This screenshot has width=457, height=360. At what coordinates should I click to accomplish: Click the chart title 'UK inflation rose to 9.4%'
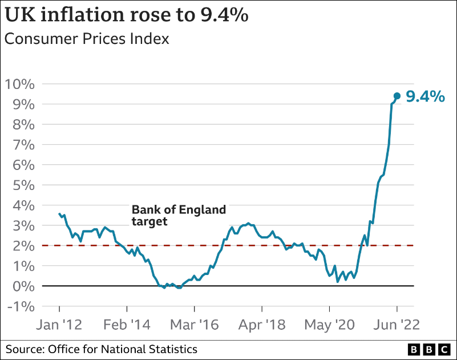point(127,15)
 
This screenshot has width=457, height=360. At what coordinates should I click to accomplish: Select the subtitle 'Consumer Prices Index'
point(87,39)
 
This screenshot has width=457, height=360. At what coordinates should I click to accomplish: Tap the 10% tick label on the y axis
point(21,84)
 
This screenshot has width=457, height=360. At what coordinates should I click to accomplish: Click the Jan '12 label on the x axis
point(59,325)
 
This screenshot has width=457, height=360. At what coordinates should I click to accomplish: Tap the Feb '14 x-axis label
point(126,325)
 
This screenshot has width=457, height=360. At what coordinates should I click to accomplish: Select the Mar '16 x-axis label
point(194,325)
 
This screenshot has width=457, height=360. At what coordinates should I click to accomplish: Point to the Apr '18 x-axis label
point(261,325)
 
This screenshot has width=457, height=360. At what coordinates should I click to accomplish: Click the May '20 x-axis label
point(329,325)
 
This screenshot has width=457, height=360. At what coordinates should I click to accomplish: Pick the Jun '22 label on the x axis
point(397,325)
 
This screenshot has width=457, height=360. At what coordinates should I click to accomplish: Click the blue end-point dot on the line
point(397,96)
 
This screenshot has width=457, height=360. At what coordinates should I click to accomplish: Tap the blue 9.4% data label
point(424,96)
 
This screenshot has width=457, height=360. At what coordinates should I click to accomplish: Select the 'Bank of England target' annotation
point(179,215)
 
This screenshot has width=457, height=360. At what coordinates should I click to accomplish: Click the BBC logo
point(430,349)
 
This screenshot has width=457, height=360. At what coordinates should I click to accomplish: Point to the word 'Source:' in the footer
point(25,349)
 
